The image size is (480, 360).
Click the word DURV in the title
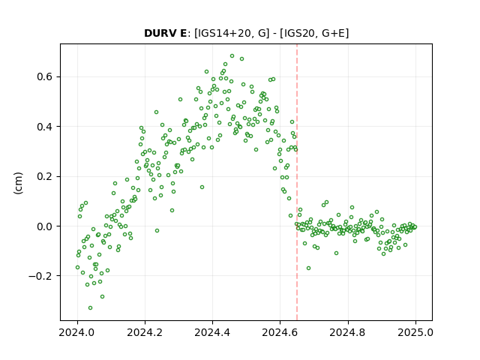[x=159, y=33]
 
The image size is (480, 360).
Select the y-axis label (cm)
[x=18, y=183]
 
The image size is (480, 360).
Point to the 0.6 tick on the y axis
[x=44, y=76]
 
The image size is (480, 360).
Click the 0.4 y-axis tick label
[x=44, y=127]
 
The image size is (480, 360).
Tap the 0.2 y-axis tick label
[x=44, y=176]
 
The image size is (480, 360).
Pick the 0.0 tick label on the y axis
[x=44, y=226]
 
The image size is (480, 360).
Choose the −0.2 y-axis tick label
[x=40, y=276]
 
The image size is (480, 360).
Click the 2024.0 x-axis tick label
[x=77, y=332]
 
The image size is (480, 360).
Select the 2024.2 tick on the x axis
[x=145, y=332]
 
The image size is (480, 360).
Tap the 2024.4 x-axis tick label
[x=212, y=332]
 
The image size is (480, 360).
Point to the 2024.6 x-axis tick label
[x=280, y=332]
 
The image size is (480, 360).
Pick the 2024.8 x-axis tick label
[x=348, y=332]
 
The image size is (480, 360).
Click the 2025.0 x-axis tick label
[x=415, y=332]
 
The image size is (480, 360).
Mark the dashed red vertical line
[x=297, y=182]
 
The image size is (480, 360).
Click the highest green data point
[x=232, y=56]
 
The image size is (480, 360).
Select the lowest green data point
[x=90, y=307]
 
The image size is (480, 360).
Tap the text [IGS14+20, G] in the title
[x=232, y=33]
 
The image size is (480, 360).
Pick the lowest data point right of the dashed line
[x=308, y=268]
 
